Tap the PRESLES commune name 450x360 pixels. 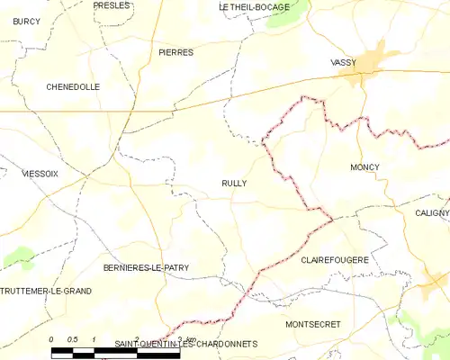click(112, 5)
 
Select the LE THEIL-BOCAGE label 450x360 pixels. click(255, 7)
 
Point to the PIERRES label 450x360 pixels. click(175, 53)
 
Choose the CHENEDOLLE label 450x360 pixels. click(73, 87)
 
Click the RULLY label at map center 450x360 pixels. click(234, 183)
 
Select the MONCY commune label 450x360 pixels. click(364, 167)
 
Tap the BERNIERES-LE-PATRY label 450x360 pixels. click(146, 268)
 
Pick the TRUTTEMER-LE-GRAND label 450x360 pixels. click(46, 292)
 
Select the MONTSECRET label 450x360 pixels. click(314, 323)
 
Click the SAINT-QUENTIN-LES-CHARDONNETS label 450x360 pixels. click(186, 345)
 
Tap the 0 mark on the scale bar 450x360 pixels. click(51, 338)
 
